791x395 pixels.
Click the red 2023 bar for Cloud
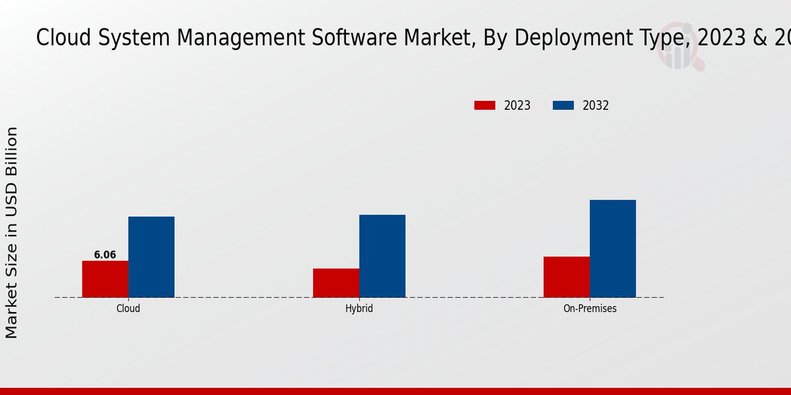(105, 279)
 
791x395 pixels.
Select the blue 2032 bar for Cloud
(152, 257)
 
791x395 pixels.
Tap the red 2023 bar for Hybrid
(336, 283)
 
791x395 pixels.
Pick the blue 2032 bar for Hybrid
(382, 256)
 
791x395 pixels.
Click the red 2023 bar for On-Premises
(567, 277)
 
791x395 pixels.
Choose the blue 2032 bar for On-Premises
(613, 249)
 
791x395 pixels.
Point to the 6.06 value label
(105, 255)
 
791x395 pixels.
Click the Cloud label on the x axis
(129, 308)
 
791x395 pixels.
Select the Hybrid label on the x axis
(359, 308)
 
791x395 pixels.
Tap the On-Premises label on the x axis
(590, 308)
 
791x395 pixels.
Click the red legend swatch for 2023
(484, 105)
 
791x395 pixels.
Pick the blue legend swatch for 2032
(563, 105)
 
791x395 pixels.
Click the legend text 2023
(517, 105)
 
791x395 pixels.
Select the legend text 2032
(596, 105)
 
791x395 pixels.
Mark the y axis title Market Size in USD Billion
(12, 233)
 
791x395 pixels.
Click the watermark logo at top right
(679, 46)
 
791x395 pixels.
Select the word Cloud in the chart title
(60, 38)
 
